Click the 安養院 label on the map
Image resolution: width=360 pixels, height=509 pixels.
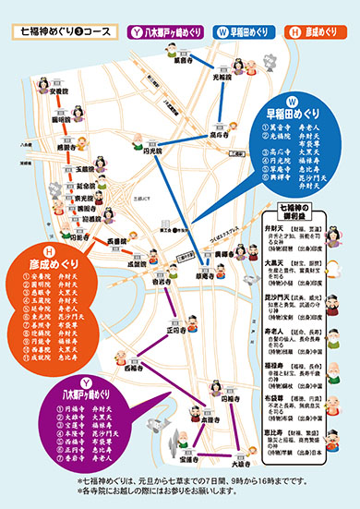tap(59, 92)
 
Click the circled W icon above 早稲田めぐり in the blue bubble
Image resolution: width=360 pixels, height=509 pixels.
tap(291, 100)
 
